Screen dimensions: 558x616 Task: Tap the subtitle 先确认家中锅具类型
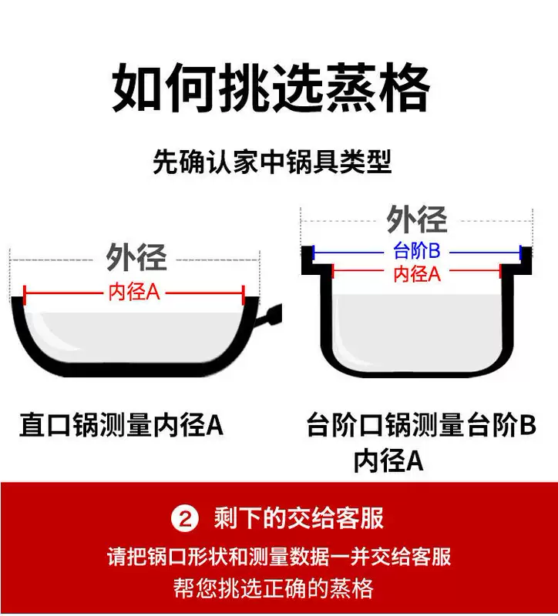coord(272,162)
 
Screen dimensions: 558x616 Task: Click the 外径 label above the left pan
coord(136,257)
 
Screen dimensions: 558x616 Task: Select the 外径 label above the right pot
coord(416,220)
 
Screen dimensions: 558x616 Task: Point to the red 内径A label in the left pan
coord(134,293)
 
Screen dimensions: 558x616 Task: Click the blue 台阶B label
coord(416,251)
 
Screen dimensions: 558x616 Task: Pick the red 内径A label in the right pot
coord(417,273)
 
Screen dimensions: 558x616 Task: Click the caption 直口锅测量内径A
coord(121,424)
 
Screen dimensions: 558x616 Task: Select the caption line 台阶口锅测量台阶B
coord(421,425)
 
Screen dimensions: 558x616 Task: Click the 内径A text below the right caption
coord(388,460)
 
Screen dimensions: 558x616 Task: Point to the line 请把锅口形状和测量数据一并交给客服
coord(279,556)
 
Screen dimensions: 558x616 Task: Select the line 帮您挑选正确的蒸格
coord(279,588)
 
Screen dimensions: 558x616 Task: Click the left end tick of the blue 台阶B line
coord(313,252)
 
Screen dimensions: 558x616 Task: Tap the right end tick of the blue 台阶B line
coord(521,252)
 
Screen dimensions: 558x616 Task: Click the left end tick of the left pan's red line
coord(25,293)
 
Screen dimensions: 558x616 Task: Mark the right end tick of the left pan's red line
coord(244,293)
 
